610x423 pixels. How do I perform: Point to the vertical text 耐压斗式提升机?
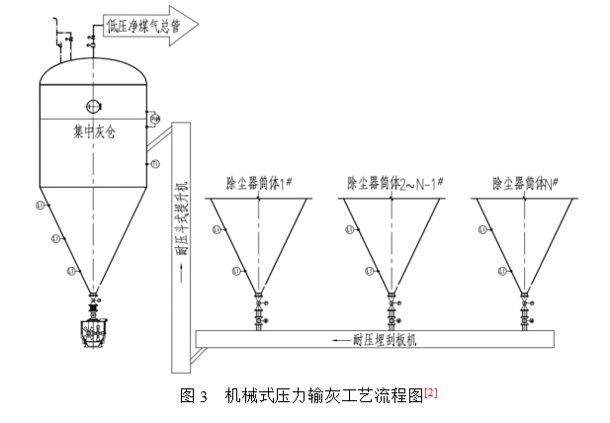tap(181, 218)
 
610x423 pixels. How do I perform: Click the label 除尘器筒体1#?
tap(259, 183)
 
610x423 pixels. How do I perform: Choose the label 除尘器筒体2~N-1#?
tap(394, 183)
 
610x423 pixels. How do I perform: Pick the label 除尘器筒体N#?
tap(526, 183)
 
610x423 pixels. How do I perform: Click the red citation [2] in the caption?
tap(431, 392)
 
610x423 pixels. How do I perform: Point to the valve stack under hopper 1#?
tap(260, 313)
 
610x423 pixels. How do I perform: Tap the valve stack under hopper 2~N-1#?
tap(392, 313)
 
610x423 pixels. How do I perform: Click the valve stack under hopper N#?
tap(525, 313)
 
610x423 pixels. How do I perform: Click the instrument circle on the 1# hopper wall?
tap(217, 230)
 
